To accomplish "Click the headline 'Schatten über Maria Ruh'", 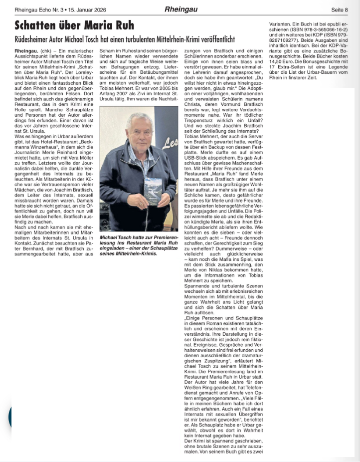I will (x=74, y=25).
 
